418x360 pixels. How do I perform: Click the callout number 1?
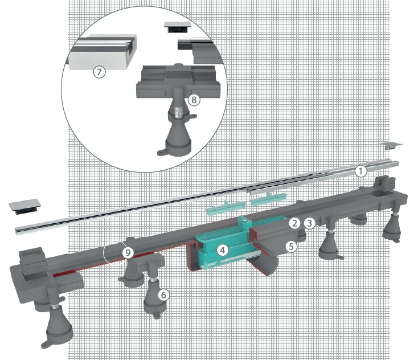click(x=360, y=171)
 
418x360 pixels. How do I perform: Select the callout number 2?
click(x=294, y=223)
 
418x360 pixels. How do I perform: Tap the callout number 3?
click(x=309, y=223)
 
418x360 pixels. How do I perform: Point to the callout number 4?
click(x=222, y=250)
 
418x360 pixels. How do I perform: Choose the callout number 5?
click(x=291, y=247)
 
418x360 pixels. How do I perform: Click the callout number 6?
click(x=163, y=294)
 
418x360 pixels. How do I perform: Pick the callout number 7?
click(x=99, y=72)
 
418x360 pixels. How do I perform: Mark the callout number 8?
click(x=194, y=100)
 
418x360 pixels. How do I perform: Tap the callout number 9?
click(x=128, y=252)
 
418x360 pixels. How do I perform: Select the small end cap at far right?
click(x=391, y=146)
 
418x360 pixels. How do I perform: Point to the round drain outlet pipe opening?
click(x=269, y=264)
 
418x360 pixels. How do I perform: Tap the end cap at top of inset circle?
click(x=177, y=27)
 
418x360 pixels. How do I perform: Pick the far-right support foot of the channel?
click(x=392, y=228)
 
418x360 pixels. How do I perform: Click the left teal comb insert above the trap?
click(x=222, y=208)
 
